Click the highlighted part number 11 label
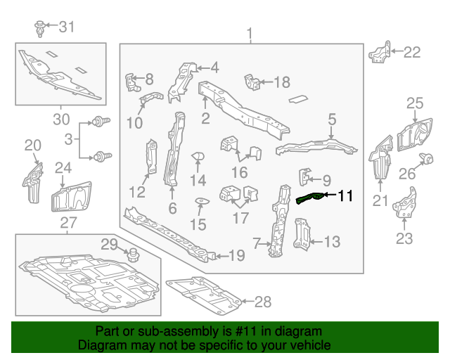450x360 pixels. point(346,196)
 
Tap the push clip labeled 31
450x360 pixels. point(41,29)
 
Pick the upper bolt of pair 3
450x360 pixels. point(101,122)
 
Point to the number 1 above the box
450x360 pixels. point(248,34)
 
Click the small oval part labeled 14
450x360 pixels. point(198,155)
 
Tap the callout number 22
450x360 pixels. point(411,51)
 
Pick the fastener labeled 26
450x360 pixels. point(426,157)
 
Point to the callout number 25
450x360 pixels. point(415,105)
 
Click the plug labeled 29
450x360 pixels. point(131,251)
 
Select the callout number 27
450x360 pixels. point(68,224)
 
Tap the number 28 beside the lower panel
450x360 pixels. point(262,303)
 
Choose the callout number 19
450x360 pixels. point(236,256)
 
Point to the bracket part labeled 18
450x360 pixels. point(251,82)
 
